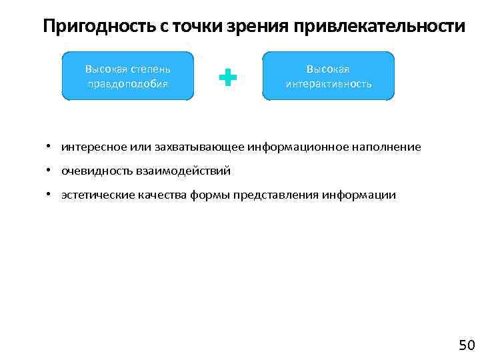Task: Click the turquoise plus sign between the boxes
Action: pos(228,77)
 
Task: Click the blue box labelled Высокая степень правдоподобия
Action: pos(127,76)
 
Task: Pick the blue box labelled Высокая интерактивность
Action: pos(328,76)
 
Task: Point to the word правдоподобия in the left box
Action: pos(127,84)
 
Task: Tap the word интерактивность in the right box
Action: pos(328,84)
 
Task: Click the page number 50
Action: pos(466,345)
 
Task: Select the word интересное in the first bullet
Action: pos(89,147)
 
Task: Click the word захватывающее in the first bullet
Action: pos(191,147)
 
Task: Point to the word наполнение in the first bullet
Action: pos(388,147)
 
